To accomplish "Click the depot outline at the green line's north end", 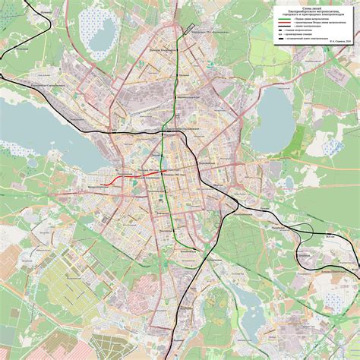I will [x=182, y=33].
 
